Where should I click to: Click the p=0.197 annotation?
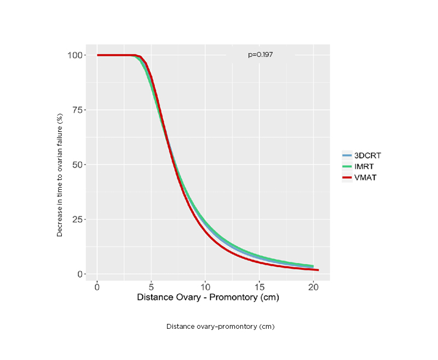pyautogui.click(x=260, y=55)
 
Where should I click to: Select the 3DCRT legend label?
pyautogui.click(x=367, y=155)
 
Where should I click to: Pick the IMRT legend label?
pyautogui.click(x=364, y=166)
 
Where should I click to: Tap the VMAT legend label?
pyautogui.click(x=365, y=177)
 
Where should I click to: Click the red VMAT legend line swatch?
pyautogui.click(x=348, y=177)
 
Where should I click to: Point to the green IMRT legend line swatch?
pyautogui.click(x=348, y=166)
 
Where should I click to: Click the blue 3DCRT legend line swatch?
pyautogui.click(x=348, y=155)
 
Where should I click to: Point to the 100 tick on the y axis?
pyautogui.click(x=76, y=55)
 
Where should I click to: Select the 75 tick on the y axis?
pyautogui.click(x=78, y=110)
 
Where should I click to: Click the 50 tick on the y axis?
pyautogui.click(x=78, y=165)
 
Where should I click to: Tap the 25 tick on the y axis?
pyautogui.click(x=78, y=219)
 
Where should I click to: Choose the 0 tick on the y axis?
pyautogui.click(x=80, y=274)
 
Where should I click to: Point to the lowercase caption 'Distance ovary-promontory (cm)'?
pyautogui.click(x=220, y=327)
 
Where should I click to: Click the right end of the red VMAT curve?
pyautogui.click(x=318, y=270)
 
